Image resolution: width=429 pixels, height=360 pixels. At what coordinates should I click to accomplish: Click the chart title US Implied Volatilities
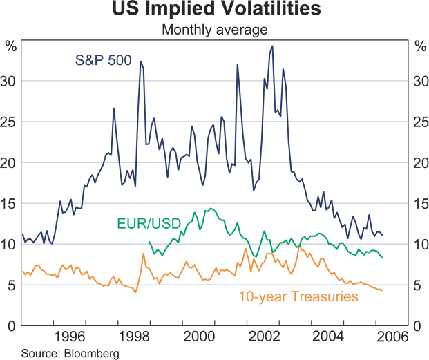coord(214,10)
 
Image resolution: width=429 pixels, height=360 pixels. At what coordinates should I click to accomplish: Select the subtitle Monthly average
coord(214,29)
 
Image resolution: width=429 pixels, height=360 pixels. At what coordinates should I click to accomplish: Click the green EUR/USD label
coord(148,224)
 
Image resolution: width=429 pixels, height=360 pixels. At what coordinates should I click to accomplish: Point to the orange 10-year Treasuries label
coord(298,297)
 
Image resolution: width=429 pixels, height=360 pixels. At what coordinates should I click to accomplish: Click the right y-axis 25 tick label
coord(418,122)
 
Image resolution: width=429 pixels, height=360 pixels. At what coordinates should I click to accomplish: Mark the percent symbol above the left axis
coord(10,47)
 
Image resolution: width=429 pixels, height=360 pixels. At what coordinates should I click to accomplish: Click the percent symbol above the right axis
coord(418,47)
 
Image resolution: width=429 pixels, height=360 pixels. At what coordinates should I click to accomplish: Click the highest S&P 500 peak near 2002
coord(272,46)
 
